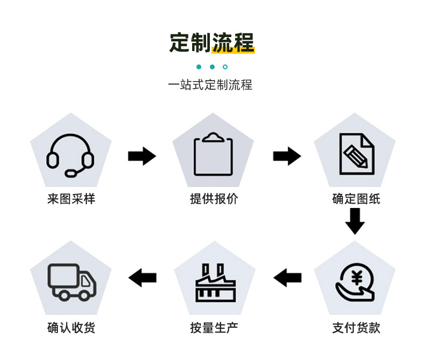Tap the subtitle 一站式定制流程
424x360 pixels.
click(x=210, y=85)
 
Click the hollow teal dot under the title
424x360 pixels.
click(x=225, y=67)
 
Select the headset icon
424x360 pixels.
click(x=70, y=155)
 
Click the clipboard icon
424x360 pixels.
click(x=213, y=154)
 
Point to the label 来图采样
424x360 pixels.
click(x=71, y=199)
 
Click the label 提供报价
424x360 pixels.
click(x=214, y=199)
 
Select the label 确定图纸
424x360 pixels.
click(x=356, y=199)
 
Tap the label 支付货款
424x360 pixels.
click(x=356, y=328)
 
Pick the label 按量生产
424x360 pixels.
click(x=214, y=328)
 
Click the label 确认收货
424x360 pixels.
click(x=71, y=328)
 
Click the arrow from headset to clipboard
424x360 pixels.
click(x=142, y=156)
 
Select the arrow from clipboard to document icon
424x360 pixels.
click(x=287, y=156)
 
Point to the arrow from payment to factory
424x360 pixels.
click(x=288, y=278)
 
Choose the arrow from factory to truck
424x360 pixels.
click(x=143, y=278)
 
